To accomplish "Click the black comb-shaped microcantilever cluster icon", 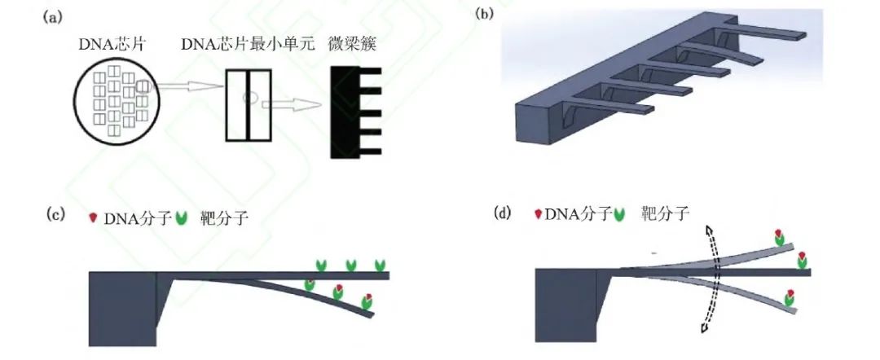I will (x=350, y=112).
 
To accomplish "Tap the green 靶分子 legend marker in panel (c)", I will (x=182, y=218).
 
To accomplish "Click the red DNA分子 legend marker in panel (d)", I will (x=538, y=215).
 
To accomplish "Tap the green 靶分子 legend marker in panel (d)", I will (x=622, y=215).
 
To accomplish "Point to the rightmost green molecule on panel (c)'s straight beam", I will (x=380, y=266).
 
